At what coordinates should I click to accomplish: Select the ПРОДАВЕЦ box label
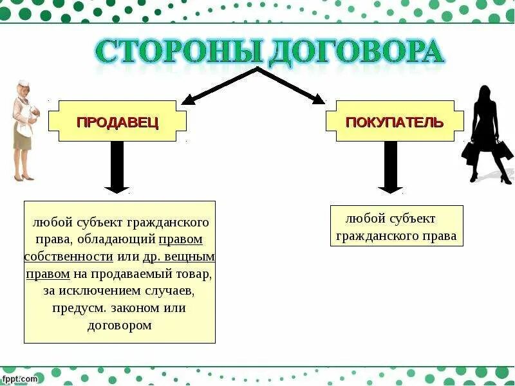118,122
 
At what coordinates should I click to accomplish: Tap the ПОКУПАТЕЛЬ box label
394,122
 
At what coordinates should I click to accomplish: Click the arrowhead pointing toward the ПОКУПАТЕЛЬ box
318,99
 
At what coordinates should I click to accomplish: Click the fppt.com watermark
19,379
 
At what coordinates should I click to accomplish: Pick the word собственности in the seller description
69,257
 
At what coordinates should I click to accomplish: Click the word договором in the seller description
119,325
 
